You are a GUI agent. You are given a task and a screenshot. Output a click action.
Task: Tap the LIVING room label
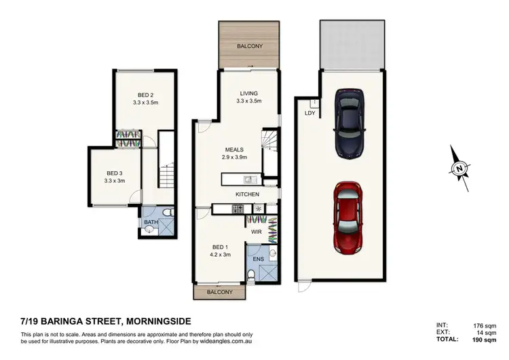[248, 93]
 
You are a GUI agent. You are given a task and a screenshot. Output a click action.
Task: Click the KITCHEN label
[248, 194]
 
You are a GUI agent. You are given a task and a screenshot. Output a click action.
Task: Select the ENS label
[259, 259]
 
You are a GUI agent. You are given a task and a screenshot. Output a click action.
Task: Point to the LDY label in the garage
[310, 113]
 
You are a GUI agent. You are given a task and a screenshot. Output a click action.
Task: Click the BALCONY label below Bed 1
[220, 292]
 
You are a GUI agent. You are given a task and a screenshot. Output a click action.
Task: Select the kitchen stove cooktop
[238, 209]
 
